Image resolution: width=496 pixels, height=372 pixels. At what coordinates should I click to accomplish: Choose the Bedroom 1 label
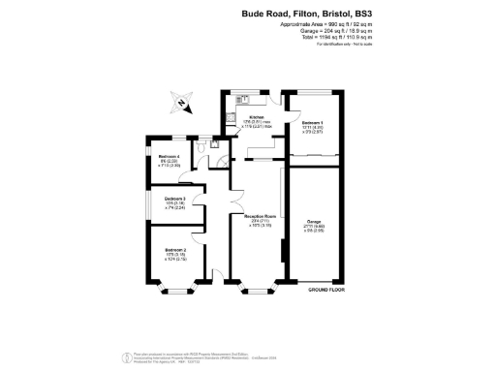tap(312, 123)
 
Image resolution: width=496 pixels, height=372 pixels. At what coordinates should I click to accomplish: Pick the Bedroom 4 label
tap(171, 158)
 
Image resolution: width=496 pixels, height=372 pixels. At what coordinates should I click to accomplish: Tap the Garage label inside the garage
tap(314, 222)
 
